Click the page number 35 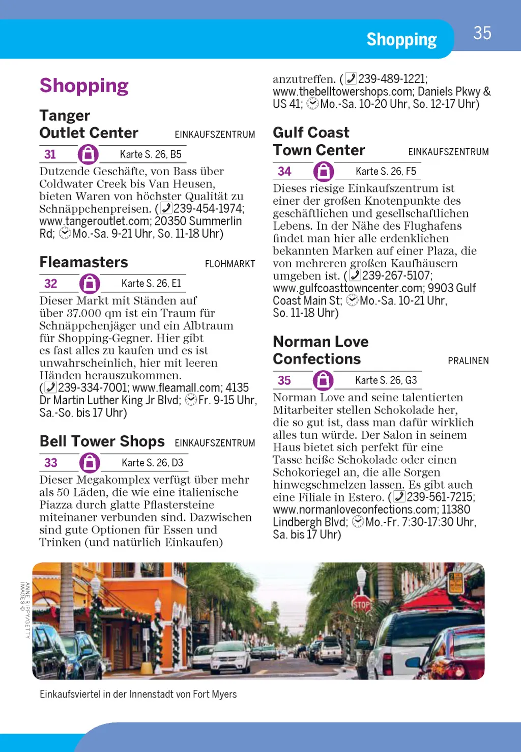tap(482, 33)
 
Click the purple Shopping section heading tap(84, 86)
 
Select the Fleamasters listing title tap(84, 262)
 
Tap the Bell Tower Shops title tap(102, 441)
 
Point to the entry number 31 tap(50, 154)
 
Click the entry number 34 tap(284, 172)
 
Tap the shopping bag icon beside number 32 tap(90, 284)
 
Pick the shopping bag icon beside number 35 tap(323, 380)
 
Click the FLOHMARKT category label tap(230, 264)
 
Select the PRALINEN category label tap(468, 361)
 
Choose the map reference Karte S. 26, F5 tap(386, 172)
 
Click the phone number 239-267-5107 tap(397, 276)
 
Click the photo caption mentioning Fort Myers tap(138, 694)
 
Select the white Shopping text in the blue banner tap(401, 40)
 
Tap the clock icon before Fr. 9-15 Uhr tap(191, 400)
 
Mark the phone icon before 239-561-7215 tap(399, 497)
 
